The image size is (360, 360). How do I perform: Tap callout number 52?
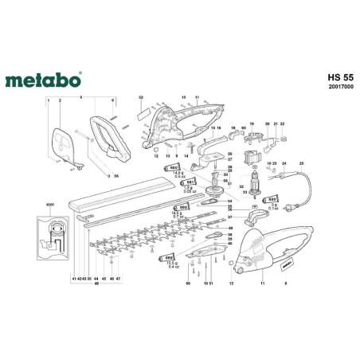(141, 96)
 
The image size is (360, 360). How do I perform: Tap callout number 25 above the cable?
(302, 164)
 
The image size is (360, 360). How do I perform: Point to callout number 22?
(282, 124)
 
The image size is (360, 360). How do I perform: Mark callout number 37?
(229, 217)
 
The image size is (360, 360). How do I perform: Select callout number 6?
(114, 100)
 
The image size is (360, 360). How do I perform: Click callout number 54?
(229, 202)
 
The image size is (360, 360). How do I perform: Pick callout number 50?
(187, 283)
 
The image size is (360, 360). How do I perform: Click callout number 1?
(47, 100)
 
